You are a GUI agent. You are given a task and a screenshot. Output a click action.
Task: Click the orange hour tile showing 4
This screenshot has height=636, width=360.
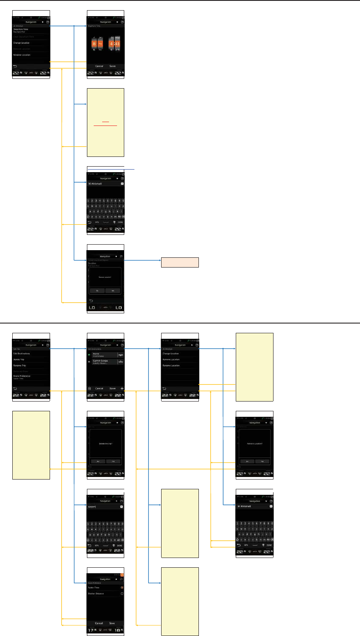pos(112,43)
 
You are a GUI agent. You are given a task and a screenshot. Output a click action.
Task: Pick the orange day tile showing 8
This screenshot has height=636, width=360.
pos(95,43)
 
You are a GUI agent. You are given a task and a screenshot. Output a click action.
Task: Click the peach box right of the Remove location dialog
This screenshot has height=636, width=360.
pos(180,262)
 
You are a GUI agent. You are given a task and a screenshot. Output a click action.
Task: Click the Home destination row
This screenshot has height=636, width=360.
pos(102,355)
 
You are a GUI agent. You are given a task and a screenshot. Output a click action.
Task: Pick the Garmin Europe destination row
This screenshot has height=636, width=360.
pos(102,362)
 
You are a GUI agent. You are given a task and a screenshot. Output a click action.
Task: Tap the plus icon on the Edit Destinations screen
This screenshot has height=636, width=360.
pos(122,388)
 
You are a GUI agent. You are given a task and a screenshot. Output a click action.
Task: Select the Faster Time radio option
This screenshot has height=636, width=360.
pos(122,588)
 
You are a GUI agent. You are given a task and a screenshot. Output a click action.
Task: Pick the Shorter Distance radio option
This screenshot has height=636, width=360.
pos(122,594)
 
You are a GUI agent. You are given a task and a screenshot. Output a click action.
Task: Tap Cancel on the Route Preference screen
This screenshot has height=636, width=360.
pos(99,623)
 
